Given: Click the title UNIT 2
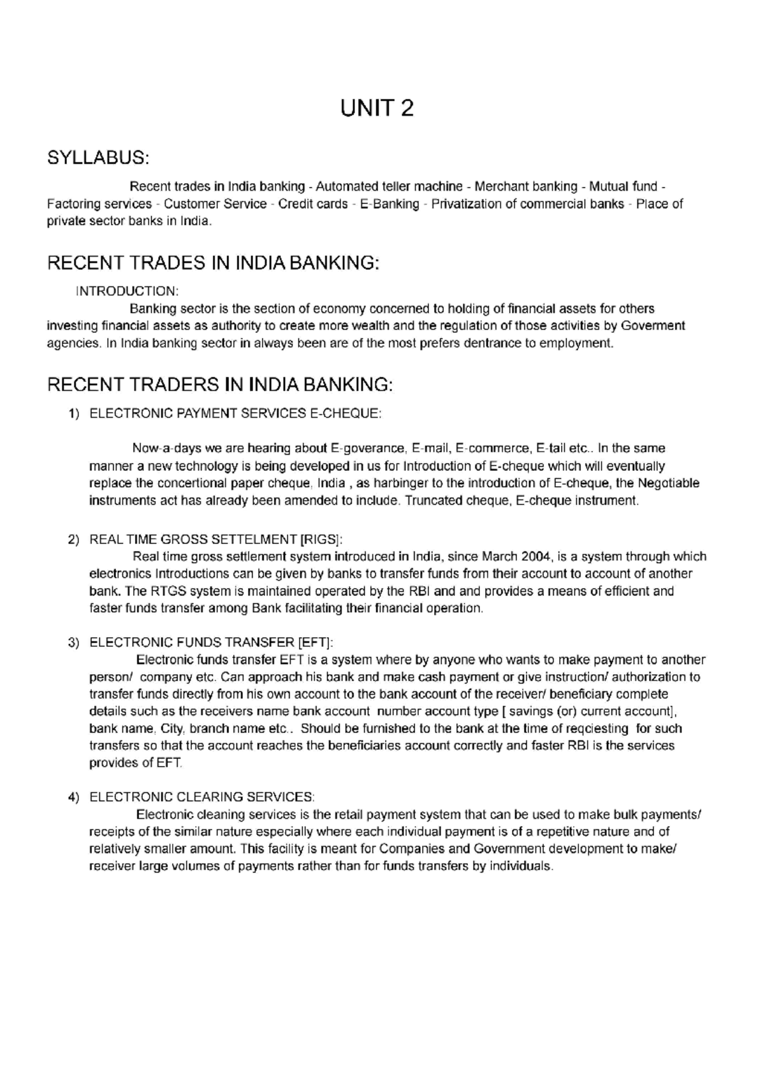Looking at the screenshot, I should [377, 109].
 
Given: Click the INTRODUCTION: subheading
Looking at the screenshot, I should [127, 291].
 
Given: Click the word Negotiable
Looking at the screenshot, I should [668, 483].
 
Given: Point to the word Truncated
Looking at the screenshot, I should [434, 501].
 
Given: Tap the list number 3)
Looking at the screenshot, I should [74, 643].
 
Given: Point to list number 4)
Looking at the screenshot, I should [74, 798].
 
